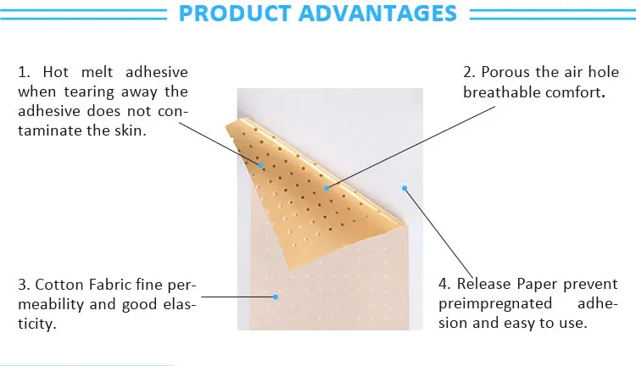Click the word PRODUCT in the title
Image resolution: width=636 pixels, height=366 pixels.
tap(235, 13)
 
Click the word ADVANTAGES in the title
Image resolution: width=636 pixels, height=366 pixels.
tap(377, 13)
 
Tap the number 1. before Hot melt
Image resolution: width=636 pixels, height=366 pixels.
tap(24, 72)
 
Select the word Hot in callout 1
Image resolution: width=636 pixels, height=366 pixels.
tap(56, 72)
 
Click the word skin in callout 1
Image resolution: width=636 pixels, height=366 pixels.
tap(131, 130)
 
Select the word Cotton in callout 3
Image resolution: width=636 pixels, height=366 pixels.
tap(59, 285)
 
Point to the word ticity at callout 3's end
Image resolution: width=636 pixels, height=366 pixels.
tap(36, 324)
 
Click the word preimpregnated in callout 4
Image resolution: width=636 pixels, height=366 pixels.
tap(495, 303)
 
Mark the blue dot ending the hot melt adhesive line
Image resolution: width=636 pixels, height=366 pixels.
tap(261, 165)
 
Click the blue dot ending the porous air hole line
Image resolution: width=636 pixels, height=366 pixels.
tap(326, 188)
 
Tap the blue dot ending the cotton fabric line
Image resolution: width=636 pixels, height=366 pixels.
tap(276, 297)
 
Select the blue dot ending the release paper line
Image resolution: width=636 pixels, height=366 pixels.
tap(404, 188)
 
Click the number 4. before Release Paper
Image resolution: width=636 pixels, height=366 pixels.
tap(444, 284)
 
